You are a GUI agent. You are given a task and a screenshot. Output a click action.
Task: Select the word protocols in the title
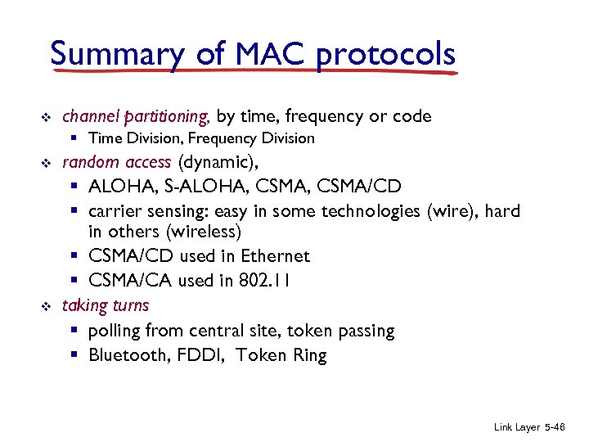click(x=385, y=54)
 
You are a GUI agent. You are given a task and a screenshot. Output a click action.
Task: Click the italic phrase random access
click(x=116, y=161)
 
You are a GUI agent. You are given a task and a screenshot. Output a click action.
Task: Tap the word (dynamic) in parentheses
click(x=218, y=161)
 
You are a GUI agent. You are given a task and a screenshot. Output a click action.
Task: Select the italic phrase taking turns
click(x=106, y=305)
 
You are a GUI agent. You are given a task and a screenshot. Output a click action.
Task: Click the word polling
click(x=115, y=331)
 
